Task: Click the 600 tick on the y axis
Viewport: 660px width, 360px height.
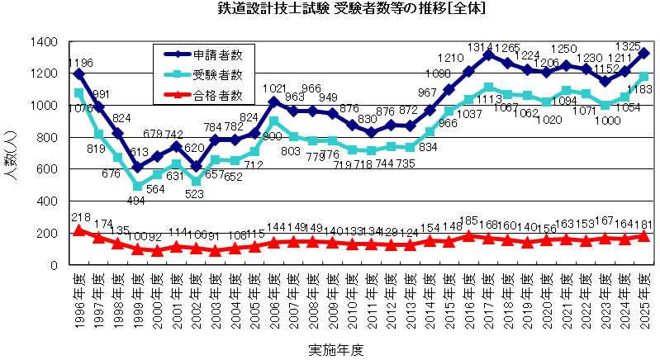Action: (x=47, y=169)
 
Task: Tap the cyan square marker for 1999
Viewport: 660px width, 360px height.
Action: (x=138, y=186)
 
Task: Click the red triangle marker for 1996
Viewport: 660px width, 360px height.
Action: (x=79, y=230)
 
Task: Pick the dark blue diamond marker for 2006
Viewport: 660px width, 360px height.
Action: (x=274, y=102)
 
